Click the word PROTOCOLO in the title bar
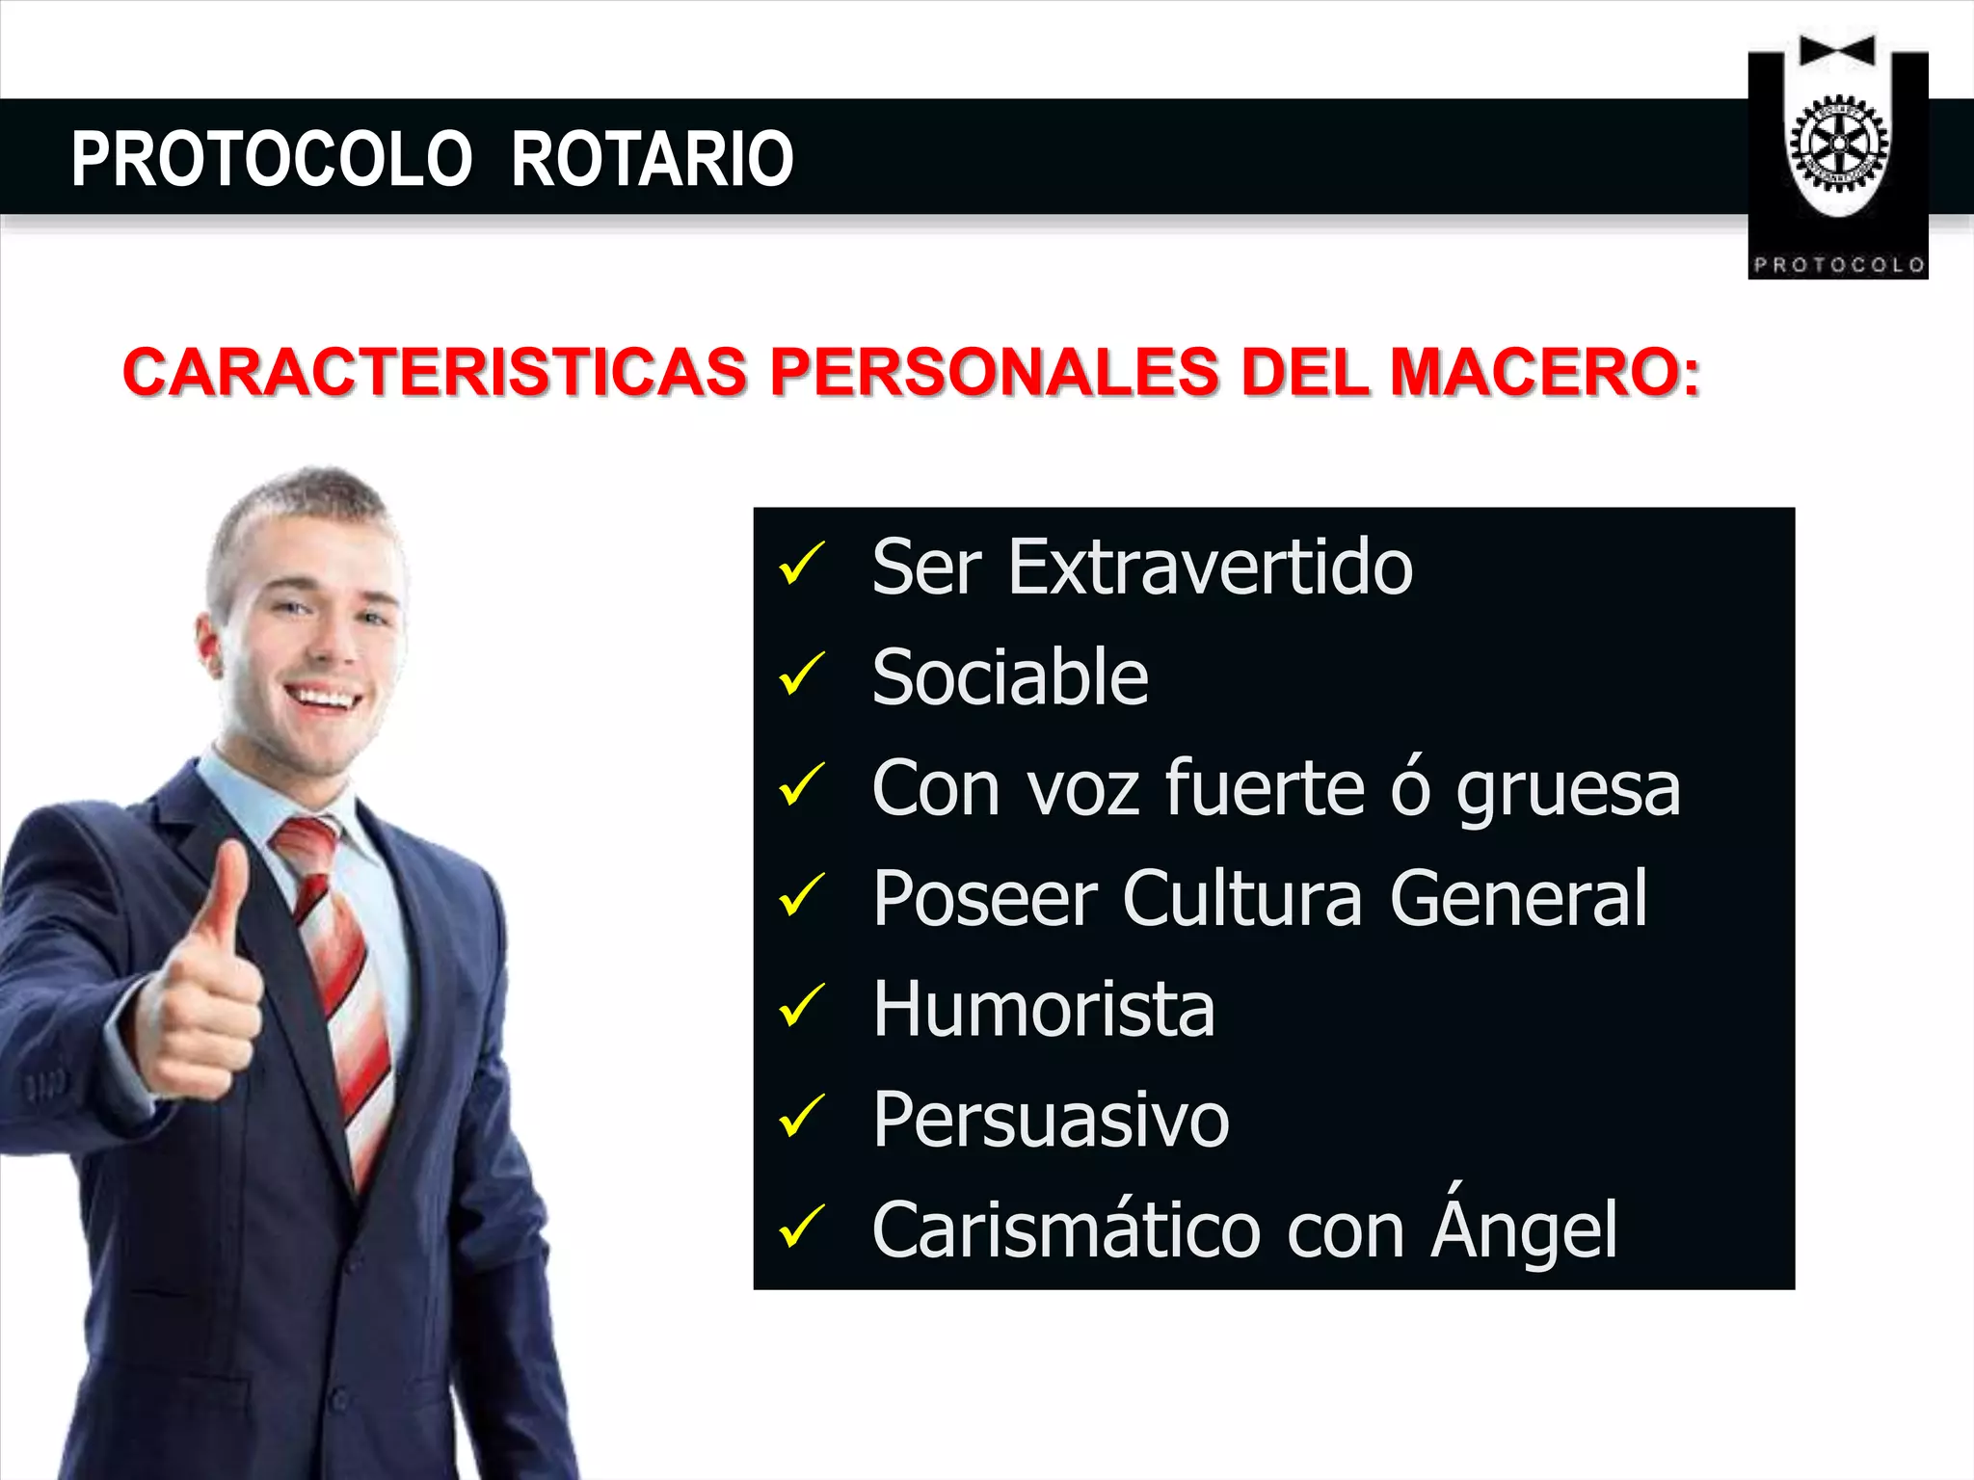coord(271,159)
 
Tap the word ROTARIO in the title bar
coord(652,159)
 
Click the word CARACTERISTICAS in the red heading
coord(435,372)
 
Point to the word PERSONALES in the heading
coord(994,372)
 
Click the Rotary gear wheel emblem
coord(1838,145)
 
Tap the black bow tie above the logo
coord(1837,51)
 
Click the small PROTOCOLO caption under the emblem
coord(1838,265)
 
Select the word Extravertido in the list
coord(1210,568)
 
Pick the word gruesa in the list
coord(1568,789)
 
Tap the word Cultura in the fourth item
coord(1242,899)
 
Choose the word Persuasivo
coord(1051,1120)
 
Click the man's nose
coord(335,643)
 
